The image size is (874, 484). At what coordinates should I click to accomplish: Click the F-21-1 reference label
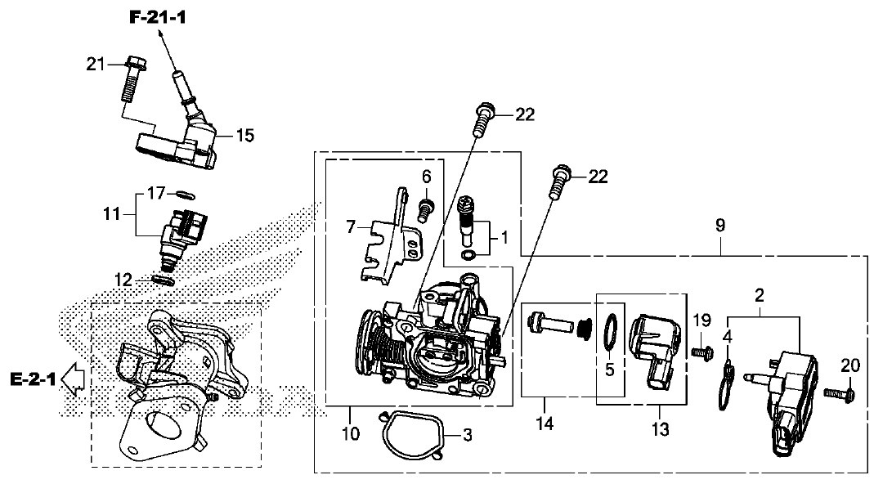(158, 17)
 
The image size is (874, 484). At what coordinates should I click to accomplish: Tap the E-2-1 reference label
(33, 379)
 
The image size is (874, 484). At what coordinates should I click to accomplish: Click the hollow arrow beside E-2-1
(73, 379)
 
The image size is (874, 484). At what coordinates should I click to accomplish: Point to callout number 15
(244, 136)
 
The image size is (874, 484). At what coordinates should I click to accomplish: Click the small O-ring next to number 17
(184, 195)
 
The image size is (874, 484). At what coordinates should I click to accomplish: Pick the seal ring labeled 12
(164, 280)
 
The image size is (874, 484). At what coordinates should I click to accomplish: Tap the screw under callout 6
(426, 209)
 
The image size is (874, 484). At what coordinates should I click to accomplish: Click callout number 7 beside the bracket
(351, 227)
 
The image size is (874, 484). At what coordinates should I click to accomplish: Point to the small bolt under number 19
(703, 352)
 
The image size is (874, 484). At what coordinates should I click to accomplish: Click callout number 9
(720, 226)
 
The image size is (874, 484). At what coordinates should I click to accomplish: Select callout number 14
(545, 423)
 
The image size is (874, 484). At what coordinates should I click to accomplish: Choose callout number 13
(660, 429)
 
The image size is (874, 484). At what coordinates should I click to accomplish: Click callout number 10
(351, 433)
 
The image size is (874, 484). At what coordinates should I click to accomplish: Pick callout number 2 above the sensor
(760, 295)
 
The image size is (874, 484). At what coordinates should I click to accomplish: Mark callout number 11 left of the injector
(111, 213)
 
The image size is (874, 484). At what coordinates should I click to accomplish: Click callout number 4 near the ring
(727, 336)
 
